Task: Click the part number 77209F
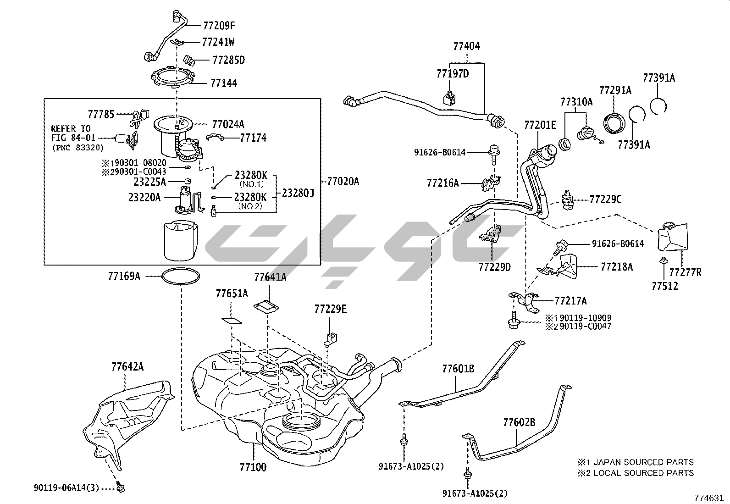(219, 26)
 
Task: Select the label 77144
(223, 83)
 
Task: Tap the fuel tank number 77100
(253, 467)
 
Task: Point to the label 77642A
(127, 366)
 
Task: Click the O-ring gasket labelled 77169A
(182, 277)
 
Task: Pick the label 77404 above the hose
(467, 46)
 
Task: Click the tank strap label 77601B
(458, 368)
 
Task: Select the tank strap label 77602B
(519, 422)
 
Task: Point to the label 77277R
(685, 273)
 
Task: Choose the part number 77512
(665, 286)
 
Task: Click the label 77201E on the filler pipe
(540, 125)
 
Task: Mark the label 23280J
(298, 193)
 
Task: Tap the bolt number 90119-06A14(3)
(66, 488)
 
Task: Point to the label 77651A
(232, 294)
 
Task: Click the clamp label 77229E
(330, 309)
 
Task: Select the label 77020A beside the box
(343, 182)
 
